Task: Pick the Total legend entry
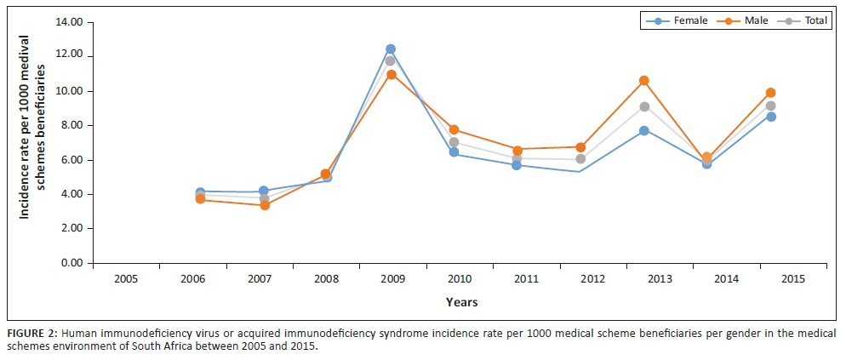808,21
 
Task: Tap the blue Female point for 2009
391,49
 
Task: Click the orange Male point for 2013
644,81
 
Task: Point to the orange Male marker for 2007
264,205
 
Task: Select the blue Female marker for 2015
770,117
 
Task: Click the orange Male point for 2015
770,93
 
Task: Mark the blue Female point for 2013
644,130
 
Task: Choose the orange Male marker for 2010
454,129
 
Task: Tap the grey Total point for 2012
580,159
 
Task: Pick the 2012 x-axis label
580,277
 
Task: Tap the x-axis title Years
461,302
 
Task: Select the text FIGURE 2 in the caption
28,333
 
